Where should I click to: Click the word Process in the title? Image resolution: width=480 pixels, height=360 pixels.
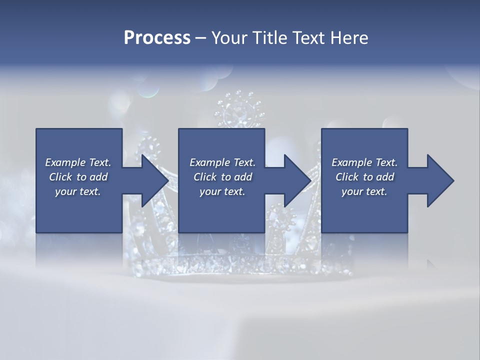coord(157,38)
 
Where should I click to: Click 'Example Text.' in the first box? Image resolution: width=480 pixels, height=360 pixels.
coord(78,162)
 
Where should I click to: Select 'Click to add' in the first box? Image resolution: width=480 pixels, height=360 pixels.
coord(78,177)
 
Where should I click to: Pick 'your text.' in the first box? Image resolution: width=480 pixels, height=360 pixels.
coord(78,191)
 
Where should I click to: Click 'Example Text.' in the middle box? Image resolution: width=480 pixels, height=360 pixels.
coord(222,162)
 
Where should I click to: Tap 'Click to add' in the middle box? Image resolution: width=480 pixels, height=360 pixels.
coord(222,177)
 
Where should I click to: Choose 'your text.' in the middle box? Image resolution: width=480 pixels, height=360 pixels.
coord(222,191)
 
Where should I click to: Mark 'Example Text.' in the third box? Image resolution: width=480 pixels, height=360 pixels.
coord(364,162)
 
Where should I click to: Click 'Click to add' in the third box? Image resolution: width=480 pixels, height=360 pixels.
coord(364,177)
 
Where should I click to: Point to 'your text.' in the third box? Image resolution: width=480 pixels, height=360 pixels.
coord(364,191)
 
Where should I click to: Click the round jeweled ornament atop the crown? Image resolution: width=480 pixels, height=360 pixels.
coord(238,110)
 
